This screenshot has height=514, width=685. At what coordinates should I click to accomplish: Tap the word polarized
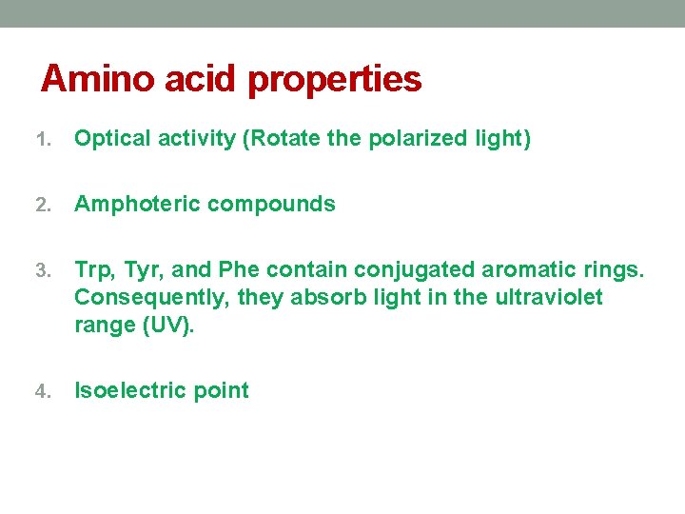417,139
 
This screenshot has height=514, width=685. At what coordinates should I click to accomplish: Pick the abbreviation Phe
239,270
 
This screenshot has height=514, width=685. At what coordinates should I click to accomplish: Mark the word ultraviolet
549,297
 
